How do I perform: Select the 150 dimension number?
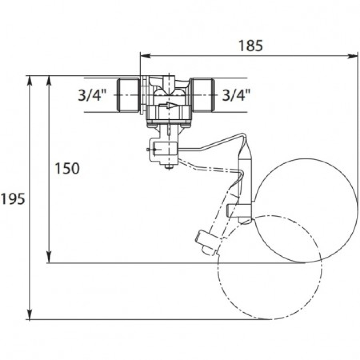point(67,168)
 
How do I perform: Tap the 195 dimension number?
point(12,199)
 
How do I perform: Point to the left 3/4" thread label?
point(92,95)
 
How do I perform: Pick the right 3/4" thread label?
point(236,95)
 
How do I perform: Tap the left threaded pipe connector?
point(128,95)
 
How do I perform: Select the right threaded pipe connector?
point(203,95)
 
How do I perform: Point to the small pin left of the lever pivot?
point(149,149)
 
